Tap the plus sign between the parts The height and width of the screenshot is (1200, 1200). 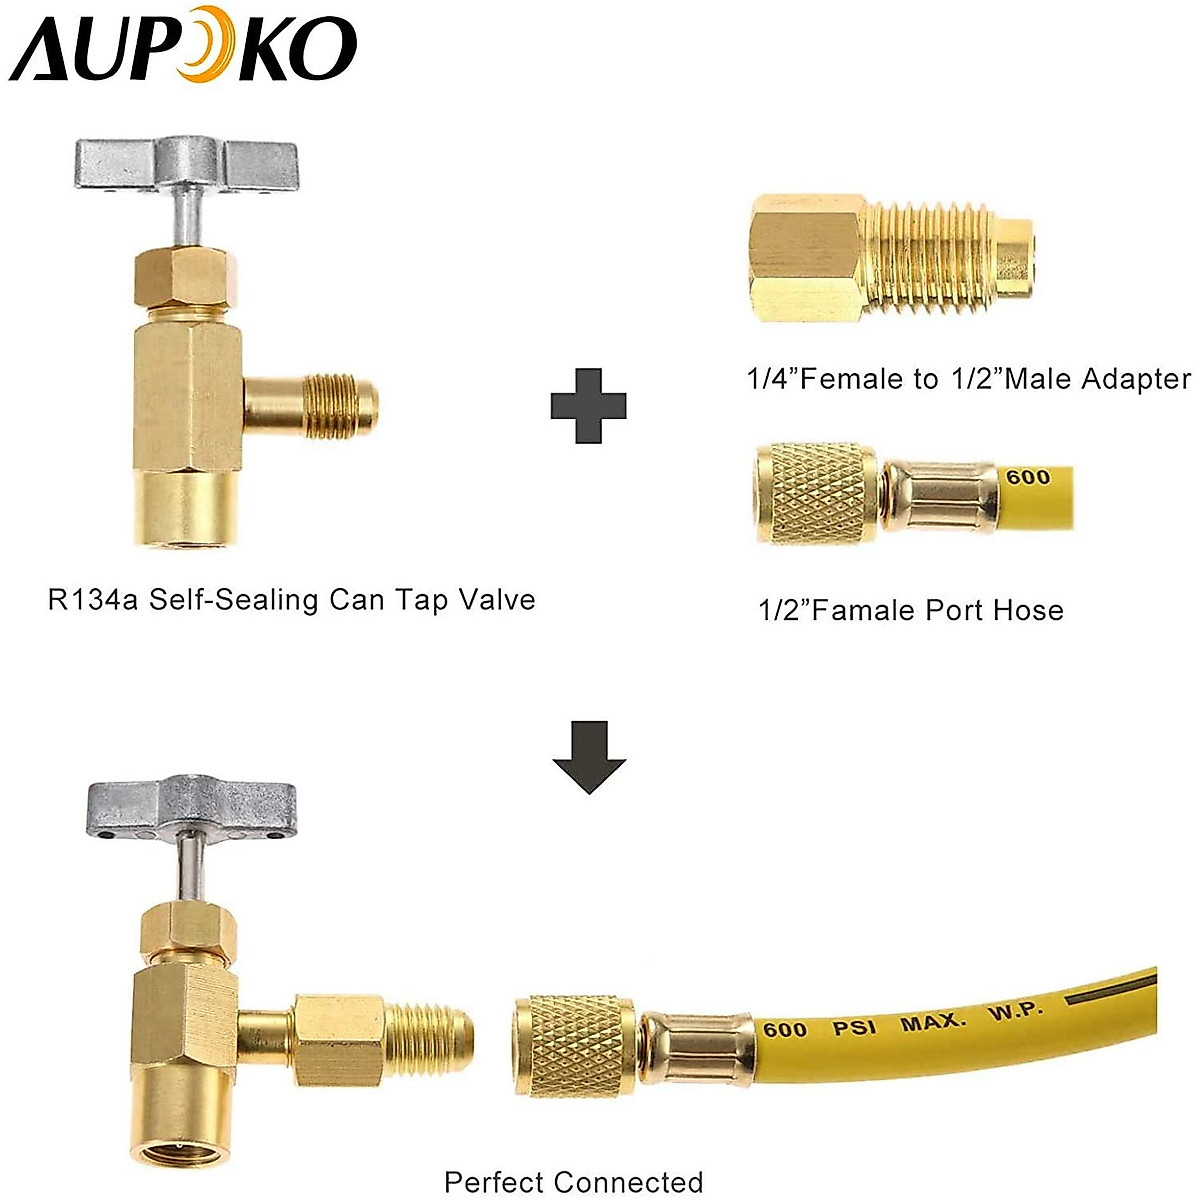tap(588, 405)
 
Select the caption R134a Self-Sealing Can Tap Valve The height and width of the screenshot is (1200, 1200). tap(291, 600)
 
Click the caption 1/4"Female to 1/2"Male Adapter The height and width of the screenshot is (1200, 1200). tap(968, 379)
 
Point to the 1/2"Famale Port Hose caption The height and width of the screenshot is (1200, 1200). tap(910, 610)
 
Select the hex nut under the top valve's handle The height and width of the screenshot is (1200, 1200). tap(185, 278)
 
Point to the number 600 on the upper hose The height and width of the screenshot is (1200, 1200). tap(1028, 478)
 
